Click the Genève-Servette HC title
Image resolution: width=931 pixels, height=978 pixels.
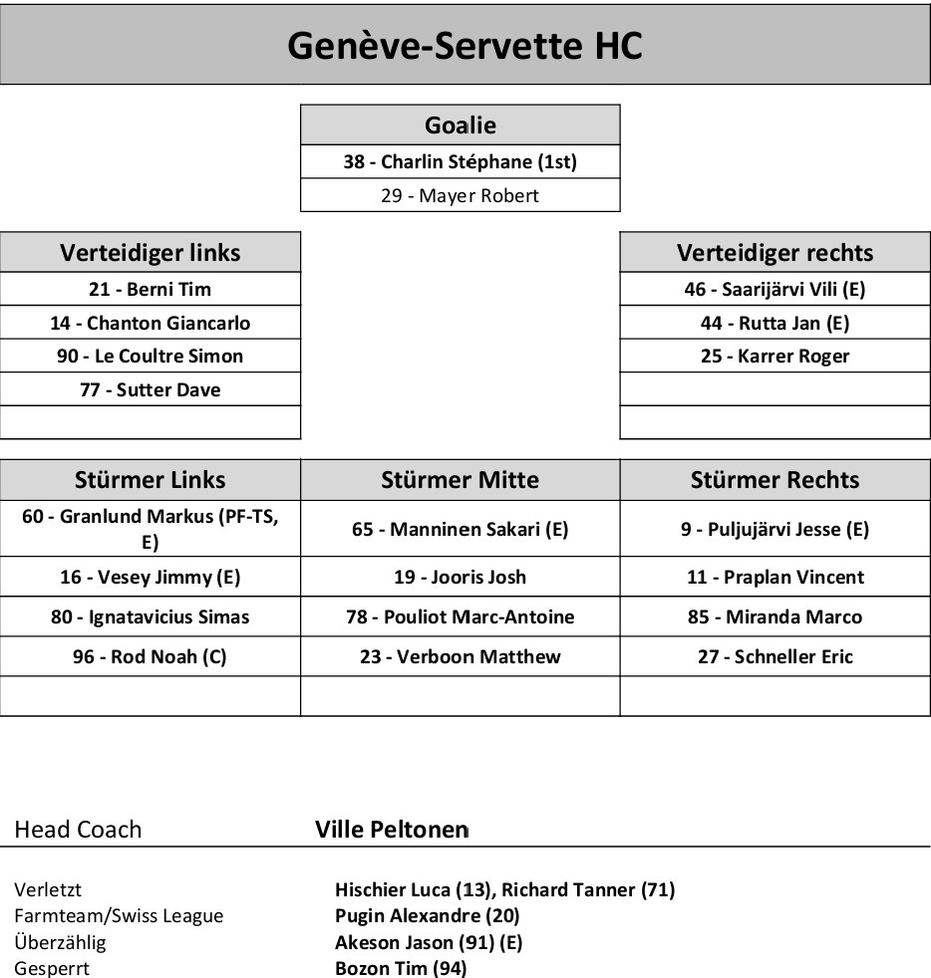tap(465, 45)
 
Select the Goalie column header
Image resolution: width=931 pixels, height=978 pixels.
tap(460, 125)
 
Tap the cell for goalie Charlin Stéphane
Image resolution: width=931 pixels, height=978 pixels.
tap(460, 161)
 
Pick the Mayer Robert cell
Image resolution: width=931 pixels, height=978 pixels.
tap(460, 195)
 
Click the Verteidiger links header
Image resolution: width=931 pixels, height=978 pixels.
tap(150, 252)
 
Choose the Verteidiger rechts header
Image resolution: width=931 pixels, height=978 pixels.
tap(775, 252)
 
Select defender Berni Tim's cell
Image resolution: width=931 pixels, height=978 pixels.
tap(150, 290)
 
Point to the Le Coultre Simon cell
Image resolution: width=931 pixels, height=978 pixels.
tap(150, 356)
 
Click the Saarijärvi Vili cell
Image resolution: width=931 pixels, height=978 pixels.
tap(775, 290)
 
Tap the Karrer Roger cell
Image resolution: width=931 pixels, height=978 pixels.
tap(775, 356)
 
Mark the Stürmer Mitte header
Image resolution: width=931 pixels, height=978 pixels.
tap(460, 480)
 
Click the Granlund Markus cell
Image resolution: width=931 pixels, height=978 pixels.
tap(150, 528)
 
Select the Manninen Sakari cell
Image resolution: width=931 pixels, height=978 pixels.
tap(460, 529)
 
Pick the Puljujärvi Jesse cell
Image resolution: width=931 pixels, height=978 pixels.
tap(775, 529)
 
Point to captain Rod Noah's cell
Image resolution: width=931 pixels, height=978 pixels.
tap(150, 656)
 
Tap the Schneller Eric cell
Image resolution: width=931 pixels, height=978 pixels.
tap(775, 656)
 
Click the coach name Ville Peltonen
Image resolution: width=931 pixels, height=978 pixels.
tap(391, 830)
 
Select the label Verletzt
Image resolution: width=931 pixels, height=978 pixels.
tap(48, 889)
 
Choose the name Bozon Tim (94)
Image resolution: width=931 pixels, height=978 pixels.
tap(401, 968)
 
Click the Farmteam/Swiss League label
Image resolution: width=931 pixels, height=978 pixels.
tap(119, 915)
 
